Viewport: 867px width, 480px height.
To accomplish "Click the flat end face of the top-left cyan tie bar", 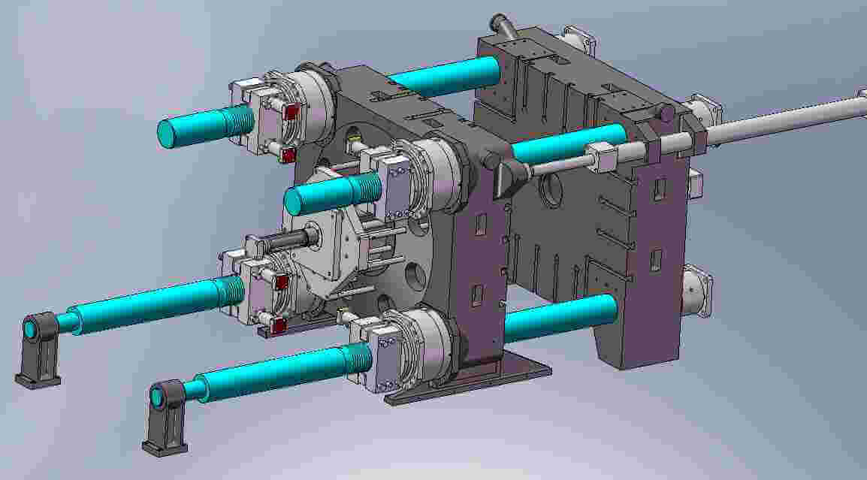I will (169, 133).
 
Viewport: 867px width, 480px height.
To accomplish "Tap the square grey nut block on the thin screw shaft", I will (602, 158).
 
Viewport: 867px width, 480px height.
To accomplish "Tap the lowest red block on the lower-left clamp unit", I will (278, 325).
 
